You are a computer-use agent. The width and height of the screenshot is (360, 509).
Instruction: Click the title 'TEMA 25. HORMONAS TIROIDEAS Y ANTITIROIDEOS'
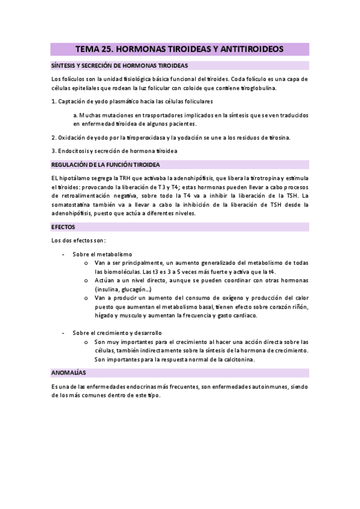click(180, 49)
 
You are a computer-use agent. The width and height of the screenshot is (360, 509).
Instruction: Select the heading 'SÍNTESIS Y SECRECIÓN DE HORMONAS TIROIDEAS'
click(119, 65)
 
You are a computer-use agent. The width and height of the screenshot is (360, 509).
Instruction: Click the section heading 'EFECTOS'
click(63, 227)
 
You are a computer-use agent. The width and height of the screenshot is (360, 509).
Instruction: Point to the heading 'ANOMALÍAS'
click(68, 373)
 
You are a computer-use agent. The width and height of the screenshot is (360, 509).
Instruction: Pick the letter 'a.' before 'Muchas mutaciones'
click(76, 113)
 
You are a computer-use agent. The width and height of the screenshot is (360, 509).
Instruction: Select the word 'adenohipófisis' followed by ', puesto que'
click(73, 213)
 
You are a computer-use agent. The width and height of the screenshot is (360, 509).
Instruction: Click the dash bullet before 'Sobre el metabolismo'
click(64, 254)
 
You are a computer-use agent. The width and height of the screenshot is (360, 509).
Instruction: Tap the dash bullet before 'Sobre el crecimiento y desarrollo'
click(64, 333)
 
